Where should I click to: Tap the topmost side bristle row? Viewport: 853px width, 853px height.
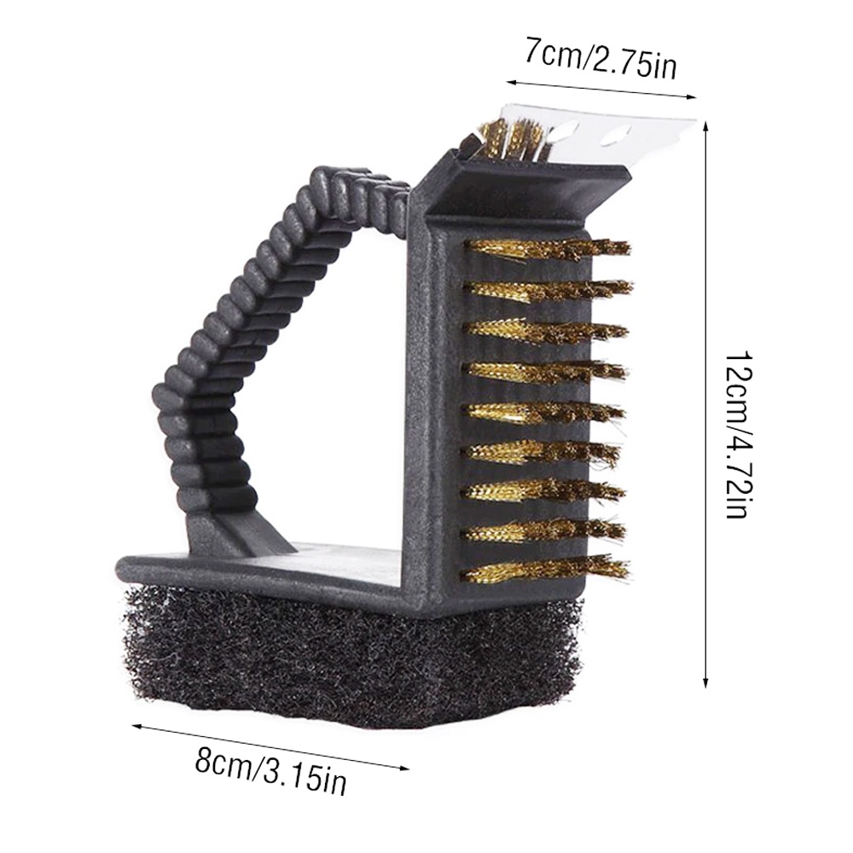(547, 248)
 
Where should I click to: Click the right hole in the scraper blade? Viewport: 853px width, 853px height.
(614, 137)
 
